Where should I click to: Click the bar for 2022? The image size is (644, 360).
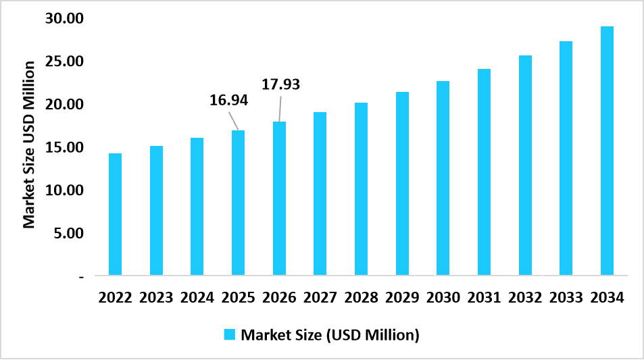tap(115, 214)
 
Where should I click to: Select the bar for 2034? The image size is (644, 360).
tap(607, 151)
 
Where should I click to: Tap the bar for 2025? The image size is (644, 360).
tap(238, 203)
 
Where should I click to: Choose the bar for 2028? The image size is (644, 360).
tap(361, 188)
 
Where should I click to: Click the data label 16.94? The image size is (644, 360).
tap(229, 101)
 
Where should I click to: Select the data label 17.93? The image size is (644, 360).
tap(280, 84)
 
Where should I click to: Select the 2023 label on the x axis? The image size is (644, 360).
tap(156, 297)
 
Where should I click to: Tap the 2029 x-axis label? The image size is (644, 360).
tap(402, 297)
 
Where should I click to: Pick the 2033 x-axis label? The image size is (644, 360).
tap(566, 297)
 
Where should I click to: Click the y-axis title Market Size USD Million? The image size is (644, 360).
tap(29, 144)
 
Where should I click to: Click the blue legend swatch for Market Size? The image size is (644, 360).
tap(230, 334)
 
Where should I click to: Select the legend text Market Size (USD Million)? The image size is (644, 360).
tap(330, 334)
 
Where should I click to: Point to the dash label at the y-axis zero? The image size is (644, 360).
tap(81, 277)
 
